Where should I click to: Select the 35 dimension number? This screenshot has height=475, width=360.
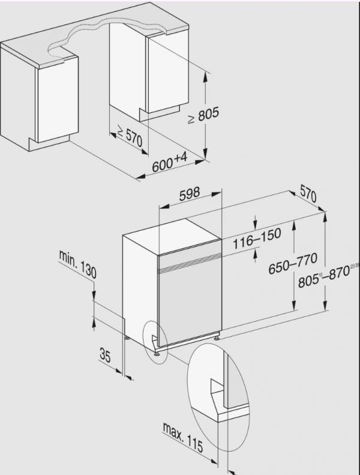pyautogui.click(x=105, y=355)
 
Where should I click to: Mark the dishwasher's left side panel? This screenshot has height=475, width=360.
pyautogui.click(x=139, y=288)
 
